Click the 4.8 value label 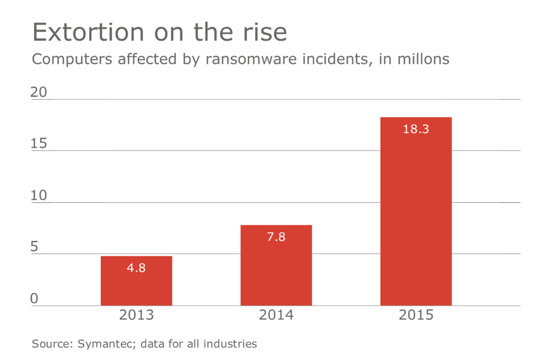tap(136, 268)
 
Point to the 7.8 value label tap(276, 237)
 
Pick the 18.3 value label tap(416, 129)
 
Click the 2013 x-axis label tap(136, 315)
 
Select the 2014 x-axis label tap(276, 315)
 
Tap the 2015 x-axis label tap(416, 315)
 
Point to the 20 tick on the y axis tap(39, 92)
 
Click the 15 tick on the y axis tap(39, 144)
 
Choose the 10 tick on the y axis tap(39, 195)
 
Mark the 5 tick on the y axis tap(35, 247)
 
